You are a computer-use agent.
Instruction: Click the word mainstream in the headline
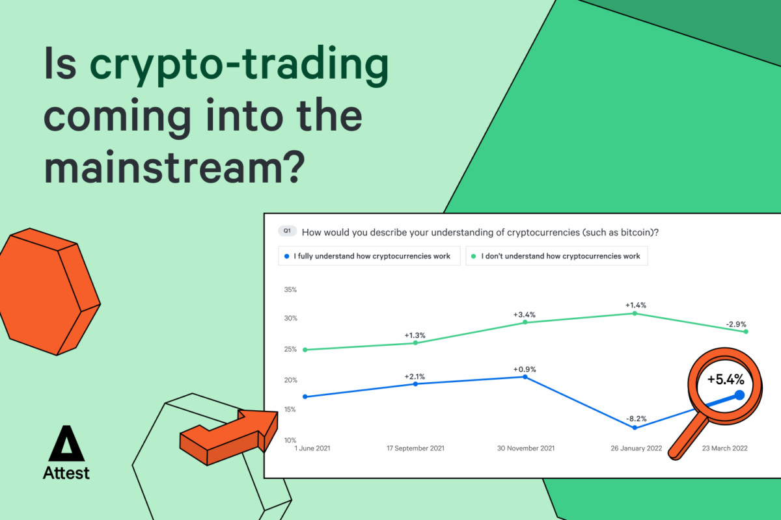(x=174, y=168)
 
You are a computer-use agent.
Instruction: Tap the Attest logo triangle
(x=66, y=443)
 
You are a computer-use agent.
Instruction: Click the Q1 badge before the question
(x=287, y=231)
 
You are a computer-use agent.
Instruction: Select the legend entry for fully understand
(x=369, y=256)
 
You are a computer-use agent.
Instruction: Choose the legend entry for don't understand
(x=556, y=256)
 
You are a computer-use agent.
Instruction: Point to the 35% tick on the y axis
(x=290, y=289)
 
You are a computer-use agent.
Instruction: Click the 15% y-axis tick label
(x=290, y=409)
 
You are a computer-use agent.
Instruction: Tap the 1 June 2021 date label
(x=312, y=448)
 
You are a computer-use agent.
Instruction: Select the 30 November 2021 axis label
(x=525, y=448)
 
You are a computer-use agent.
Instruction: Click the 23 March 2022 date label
(x=724, y=448)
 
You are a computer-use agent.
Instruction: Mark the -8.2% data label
(x=637, y=419)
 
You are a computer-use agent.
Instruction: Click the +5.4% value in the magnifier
(x=726, y=380)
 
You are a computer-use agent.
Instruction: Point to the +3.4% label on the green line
(x=524, y=315)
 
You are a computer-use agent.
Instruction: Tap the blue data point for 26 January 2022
(x=635, y=428)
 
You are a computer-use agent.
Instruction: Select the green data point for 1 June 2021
(x=305, y=350)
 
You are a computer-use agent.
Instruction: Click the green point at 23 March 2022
(x=746, y=331)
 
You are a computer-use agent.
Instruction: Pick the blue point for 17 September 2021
(x=415, y=383)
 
